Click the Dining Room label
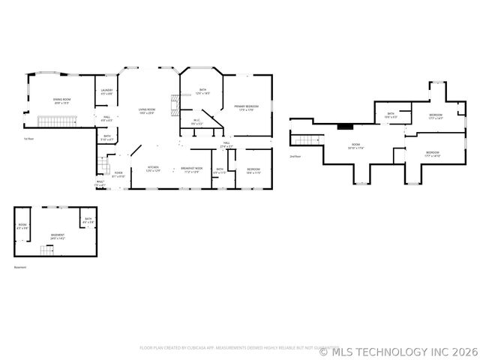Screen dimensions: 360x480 tap(61, 100)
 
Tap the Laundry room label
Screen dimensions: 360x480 tap(106, 92)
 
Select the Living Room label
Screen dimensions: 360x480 tap(146, 112)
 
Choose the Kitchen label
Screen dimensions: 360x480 tap(152, 169)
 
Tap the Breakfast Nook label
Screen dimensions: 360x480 tap(190, 169)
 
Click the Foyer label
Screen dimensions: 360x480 tap(118, 175)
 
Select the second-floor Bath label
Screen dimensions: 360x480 tap(389, 116)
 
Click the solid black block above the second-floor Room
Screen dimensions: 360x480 tap(345, 126)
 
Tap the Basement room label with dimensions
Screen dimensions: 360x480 tap(58, 236)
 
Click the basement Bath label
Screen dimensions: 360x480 tap(88, 220)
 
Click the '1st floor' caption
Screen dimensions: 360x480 tap(28, 139)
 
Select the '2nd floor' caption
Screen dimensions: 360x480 tap(295, 157)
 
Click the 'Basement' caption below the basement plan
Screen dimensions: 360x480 tap(19, 267)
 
